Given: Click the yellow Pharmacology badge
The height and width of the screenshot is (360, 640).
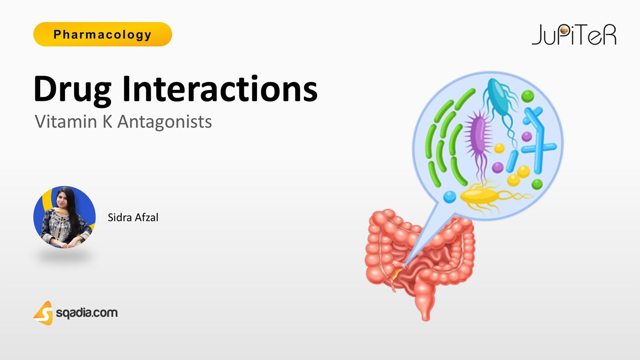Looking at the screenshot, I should coord(102,34).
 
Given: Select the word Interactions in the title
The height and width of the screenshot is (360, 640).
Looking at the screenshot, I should coord(220,89).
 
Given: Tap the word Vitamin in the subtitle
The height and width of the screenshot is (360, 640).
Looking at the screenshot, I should coord(66,122).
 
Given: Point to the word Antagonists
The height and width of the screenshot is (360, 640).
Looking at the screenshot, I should coord(165,122).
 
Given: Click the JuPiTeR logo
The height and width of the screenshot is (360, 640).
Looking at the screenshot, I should coord(574,35).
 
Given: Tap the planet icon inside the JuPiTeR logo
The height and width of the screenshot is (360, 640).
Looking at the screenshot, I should coord(564,31).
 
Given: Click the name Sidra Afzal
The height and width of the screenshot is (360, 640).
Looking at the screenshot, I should coord(133,217).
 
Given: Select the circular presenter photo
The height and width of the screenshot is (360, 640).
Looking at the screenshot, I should coord(64,217).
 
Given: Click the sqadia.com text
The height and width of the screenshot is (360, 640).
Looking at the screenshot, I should coord(87,313).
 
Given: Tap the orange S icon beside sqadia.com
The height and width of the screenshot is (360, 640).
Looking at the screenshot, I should coord(44,313).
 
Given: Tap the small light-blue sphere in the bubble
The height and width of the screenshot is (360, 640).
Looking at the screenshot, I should coord(449,197).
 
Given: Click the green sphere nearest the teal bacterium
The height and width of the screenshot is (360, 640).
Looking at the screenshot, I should coord(528,96).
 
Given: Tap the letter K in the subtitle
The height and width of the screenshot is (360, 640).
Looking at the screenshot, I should coord(107,122).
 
